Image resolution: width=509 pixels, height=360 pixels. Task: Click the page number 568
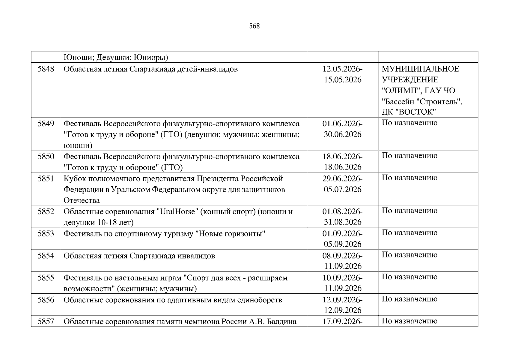coord(254,26)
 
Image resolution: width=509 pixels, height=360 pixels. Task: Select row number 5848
coord(46,69)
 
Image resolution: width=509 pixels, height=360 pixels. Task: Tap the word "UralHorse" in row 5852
coord(178,212)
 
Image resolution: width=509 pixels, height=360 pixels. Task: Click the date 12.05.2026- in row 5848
coord(342,69)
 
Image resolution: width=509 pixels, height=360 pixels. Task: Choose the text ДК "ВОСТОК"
coord(408,112)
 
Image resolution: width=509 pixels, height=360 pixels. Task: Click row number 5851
coord(46,179)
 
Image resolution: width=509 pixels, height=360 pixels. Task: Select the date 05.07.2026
coord(342,190)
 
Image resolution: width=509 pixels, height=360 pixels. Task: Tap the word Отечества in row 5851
coord(82,200)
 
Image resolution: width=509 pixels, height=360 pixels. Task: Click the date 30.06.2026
coord(342,134)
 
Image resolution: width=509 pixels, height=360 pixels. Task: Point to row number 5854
coord(46,256)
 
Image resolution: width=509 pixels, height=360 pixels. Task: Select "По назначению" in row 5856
coord(409,299)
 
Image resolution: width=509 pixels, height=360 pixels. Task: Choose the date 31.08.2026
coord(342,222)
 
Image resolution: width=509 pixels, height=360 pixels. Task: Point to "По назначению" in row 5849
coord(409,123)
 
